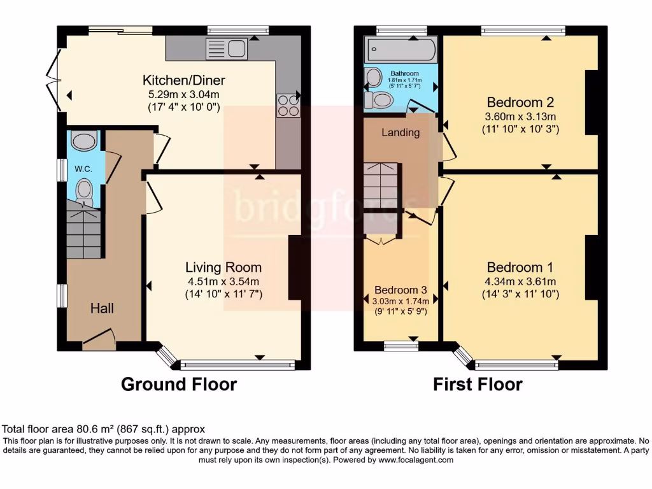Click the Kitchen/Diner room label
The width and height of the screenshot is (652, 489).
183,80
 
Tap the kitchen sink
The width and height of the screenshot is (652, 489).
226,48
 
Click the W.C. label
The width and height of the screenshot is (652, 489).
83,169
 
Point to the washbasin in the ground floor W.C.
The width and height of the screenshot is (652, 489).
84,139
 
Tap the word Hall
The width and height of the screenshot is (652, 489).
102,308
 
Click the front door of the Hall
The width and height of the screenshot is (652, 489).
98,339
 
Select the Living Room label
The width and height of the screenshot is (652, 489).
223,267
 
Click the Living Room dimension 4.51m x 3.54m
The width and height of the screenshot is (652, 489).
223,281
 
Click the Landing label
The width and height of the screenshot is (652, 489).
400,132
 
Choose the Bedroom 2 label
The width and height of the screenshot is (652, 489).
520,102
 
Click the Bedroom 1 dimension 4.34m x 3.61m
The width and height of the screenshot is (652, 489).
520,281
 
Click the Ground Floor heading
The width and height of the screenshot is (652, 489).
179,385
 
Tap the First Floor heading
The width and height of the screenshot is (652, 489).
478,385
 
